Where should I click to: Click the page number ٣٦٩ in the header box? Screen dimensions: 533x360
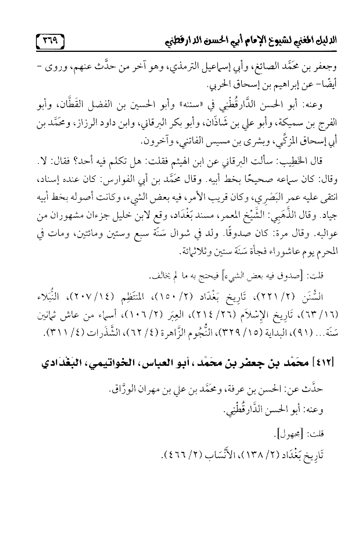point(51,39)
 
